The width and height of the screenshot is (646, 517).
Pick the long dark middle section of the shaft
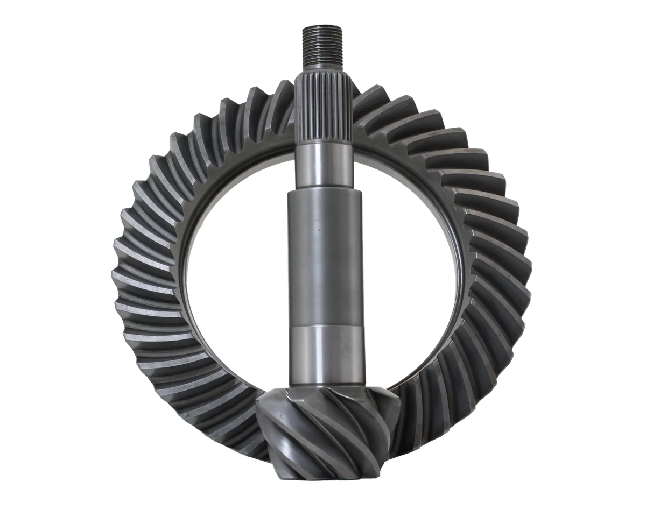coord(322,258)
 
